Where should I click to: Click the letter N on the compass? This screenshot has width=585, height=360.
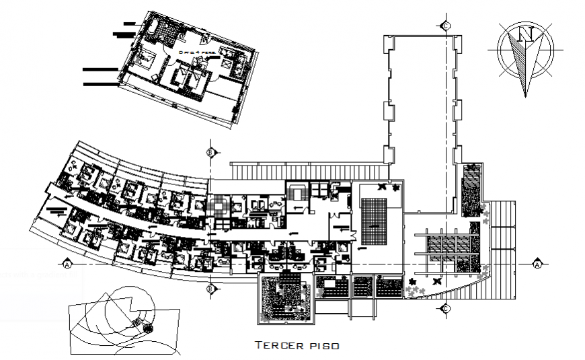tap(529, 34)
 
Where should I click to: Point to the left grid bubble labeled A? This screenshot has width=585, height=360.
tap(67, 264)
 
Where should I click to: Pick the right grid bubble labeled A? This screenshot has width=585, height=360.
tap(538, 264)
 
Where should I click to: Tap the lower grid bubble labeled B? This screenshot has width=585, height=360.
tap(211, 289)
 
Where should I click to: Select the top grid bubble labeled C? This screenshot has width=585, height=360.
tap(445, 26)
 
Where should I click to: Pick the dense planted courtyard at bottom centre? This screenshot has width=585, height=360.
tap(286, 297)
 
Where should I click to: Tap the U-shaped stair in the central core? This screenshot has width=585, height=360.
tap(297, 194)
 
